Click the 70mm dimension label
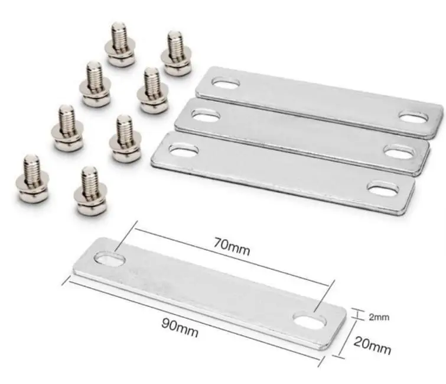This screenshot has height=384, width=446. tap(232, 246)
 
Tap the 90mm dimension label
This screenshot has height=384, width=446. tap(180, 328)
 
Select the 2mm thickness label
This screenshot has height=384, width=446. tap(379, 317)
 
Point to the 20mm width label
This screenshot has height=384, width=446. tap(372, 346)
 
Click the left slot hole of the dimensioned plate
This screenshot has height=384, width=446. tap(109, 259)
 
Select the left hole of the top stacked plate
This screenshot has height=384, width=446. tap(226, 83)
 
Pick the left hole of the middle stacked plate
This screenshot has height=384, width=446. tap(206, 115)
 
